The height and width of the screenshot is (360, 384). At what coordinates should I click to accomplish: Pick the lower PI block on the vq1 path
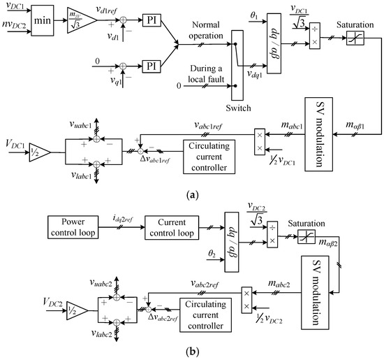[x=153, y=70]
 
